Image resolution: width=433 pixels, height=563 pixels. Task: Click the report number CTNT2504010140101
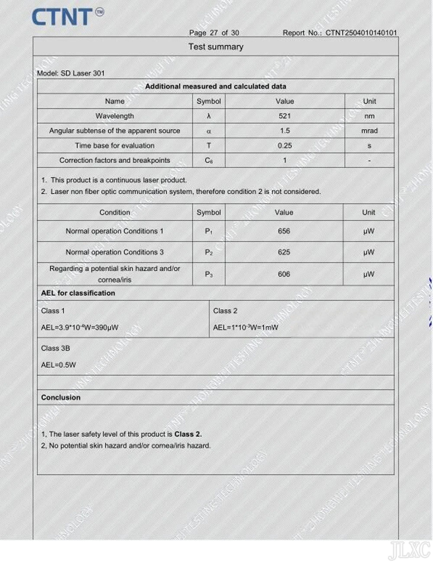click(x=361, y=33)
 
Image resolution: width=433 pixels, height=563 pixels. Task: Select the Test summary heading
click(x=216, y=47)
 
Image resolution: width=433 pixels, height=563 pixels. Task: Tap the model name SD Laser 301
click(x=83, y=73)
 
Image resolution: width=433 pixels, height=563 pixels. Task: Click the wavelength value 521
click(x=284, y=116)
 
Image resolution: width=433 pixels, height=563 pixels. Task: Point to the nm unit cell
click(x=369, y=116)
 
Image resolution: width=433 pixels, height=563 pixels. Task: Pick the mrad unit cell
click(x=369, y=131)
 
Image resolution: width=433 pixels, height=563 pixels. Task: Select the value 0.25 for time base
click(x=284, y=146)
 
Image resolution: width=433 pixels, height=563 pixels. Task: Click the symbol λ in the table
click(x=209, y=116)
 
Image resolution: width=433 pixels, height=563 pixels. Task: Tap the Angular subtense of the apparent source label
click(x=115, y=131)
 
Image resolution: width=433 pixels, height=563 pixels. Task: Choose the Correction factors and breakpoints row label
click(x=115, y=160)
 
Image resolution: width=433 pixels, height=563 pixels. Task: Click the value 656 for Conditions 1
click(x=284, y=231)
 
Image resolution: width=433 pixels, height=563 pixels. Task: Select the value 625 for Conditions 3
click(x=284, y=252)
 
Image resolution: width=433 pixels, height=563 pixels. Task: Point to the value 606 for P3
click(x=284, y=274)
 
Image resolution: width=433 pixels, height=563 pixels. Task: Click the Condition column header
click(x=115, y=213)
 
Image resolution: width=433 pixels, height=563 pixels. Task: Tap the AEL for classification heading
click(x=78, y=293)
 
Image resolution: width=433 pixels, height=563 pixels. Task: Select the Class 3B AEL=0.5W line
click(x=58, y=365)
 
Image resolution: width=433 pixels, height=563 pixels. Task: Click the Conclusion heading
click(x=61, y=397)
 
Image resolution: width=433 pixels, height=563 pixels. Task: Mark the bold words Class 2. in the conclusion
click(x=188, y=434)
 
